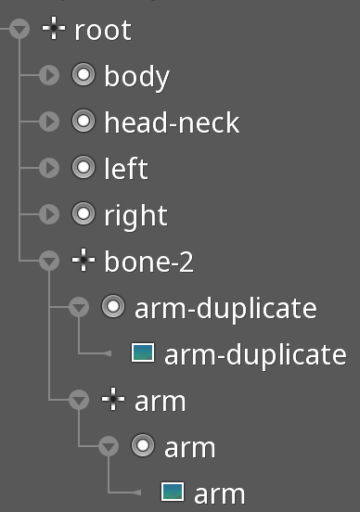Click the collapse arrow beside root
coord(19,29)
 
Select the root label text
coord(103,31)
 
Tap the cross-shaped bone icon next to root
coord(54,29)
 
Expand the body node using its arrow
coord(49,75)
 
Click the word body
coord(137,77)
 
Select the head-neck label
coord(172,122)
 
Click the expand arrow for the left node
coord(49,168)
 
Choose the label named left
coord(126,168)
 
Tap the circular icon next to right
coord(84,213)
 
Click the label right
coord(135,216)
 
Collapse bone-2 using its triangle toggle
coord(49,261)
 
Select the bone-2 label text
coord(149,262)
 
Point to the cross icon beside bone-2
coord(84,260)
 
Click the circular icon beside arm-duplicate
coord(113,306)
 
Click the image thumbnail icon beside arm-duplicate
coord(143,352)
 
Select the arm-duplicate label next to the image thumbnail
coord(255,355)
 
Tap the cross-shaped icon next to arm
coord(113,399)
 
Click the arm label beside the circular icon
coord(190,448)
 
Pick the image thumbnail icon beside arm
coord(173,492)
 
